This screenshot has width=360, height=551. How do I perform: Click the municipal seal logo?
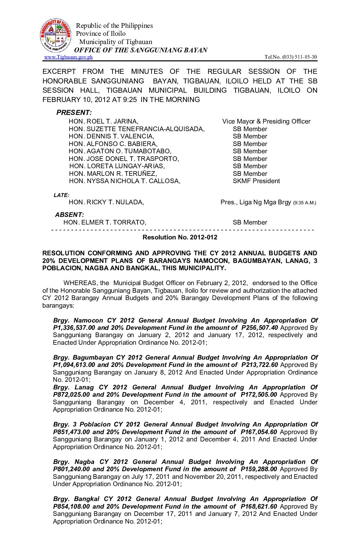click(x=56, y=35)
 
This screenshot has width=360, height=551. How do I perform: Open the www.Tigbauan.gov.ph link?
click(x=68, y=57)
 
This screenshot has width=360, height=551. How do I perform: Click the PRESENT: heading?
click(x=74, y=113)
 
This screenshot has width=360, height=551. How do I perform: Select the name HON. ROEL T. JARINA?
click(x=104, y=122)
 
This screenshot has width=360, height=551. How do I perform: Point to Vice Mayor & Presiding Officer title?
click(x=266, y=122)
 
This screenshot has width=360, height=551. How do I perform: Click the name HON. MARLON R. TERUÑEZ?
click(x=113, y=174)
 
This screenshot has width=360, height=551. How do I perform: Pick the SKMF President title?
click(x=256, y=181)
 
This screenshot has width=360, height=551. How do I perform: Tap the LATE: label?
click(x=62, y=195)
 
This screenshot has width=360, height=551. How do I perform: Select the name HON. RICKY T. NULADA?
click(x=106, y=202)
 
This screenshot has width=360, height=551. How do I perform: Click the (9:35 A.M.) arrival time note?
click(x=304, y=203)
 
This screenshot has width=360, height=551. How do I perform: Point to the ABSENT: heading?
click(x=69, y=215)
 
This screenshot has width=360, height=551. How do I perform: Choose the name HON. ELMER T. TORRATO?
click(x=105, y=223)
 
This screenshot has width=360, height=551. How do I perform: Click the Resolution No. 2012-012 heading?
click(x=180, y=237)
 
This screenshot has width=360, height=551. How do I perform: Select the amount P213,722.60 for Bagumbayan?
click(x=260, y=365)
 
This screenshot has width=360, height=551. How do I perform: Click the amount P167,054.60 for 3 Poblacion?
click(x=259, y=432)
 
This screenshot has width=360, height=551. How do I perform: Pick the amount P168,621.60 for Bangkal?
click(x=259, y=507)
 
